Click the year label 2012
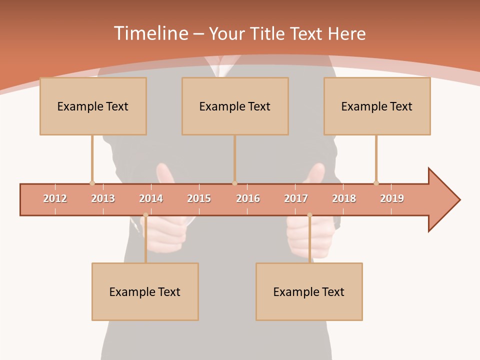pyautogui.click(x=55, y=198)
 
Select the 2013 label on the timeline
pyautogui.click(x=103, y=198)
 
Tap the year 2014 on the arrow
pyautogui.click(x=151, y=198)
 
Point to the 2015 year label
pyautogui.click(x=199, y=198)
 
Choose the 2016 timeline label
pyautogui.click(x=248, y=198)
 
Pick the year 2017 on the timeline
pyautogui.click(x=296, y=198)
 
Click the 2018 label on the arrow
pyautogui.click(x=344, y=198)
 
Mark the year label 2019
pyautogui.click(x=392, y=198)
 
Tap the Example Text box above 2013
pyautogui.click(x=93, y=106)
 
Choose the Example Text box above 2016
pyautogui.click(x=235, y=106)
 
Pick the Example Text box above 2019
pyautogui.click(x=377, y=106)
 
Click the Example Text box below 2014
pyautogui.click(x=145, y=291)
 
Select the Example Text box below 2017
pyautogui.click(x=309, y=291)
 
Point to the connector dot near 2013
pyautogui.click(x=92, y=183)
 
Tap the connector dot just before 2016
pyautogui.click(x=234, y=183)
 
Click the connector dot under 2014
pyautogui.click(x=145, y=215)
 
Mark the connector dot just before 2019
pyautogui.click(x=376, y=183)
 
